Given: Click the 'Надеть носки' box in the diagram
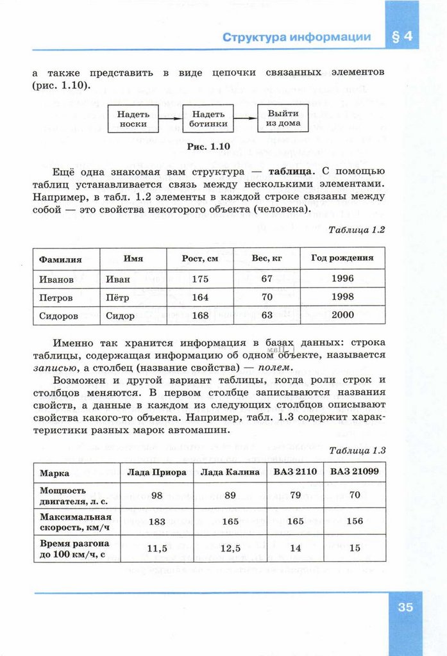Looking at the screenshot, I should [x=133, y=119].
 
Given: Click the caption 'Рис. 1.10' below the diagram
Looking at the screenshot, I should [x=208, y=147].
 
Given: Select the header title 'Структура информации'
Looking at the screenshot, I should [x=297, y=37].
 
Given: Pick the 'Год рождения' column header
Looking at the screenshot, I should [x=342, y=258].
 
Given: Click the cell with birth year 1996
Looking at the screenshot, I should [x=342, y=279].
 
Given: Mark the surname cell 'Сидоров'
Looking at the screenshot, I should [x=59, y=316].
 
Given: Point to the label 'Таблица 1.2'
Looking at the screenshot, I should [x=357, y=229].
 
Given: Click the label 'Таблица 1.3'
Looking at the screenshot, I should [x=357, y=450].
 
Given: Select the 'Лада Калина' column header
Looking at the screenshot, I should [x=230, y=472].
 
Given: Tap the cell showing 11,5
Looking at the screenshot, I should [x=157, y=548].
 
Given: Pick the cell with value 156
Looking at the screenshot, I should [x=354, y=521].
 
